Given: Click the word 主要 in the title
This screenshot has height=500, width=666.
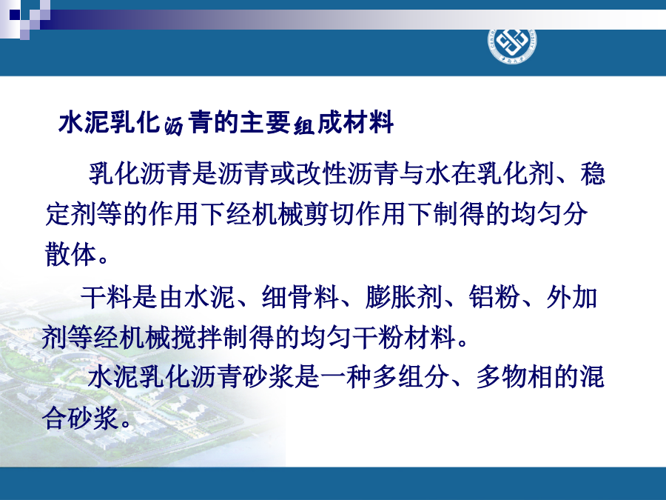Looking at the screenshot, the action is tap(265, 123).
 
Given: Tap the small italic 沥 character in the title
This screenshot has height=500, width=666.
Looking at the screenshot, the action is tap(174, 126).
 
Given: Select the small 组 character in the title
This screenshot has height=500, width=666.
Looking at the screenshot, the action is tap(303, 126).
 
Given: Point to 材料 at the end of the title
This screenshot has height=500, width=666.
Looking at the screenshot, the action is tap(369, 123).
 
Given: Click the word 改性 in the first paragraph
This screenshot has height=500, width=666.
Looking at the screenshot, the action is tap(322, 174).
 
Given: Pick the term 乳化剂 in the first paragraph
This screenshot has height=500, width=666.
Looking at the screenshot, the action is tap(516, 174).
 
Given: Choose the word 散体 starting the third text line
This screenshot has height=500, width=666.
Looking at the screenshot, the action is tap(70, 254).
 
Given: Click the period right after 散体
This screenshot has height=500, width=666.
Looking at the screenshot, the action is tap(103, 259).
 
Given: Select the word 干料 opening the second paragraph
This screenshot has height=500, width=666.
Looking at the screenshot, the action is tap(106, 296).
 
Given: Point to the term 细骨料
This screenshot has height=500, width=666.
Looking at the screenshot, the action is tap(300, 296).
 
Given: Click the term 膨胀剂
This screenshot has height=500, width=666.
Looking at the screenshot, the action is tap(403, 296).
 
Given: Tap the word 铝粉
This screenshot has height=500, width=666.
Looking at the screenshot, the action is tap(494, 296).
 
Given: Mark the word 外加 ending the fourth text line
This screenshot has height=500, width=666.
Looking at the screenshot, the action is tap(572, 296).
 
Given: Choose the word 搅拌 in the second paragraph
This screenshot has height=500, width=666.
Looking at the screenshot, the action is tap(197, 337).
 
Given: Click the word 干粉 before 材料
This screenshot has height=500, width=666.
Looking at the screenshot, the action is tap(378, 337).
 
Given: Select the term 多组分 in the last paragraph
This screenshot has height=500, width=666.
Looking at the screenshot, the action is tap(411, 377).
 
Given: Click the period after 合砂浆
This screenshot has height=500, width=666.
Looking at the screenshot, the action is tap(126, 423).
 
